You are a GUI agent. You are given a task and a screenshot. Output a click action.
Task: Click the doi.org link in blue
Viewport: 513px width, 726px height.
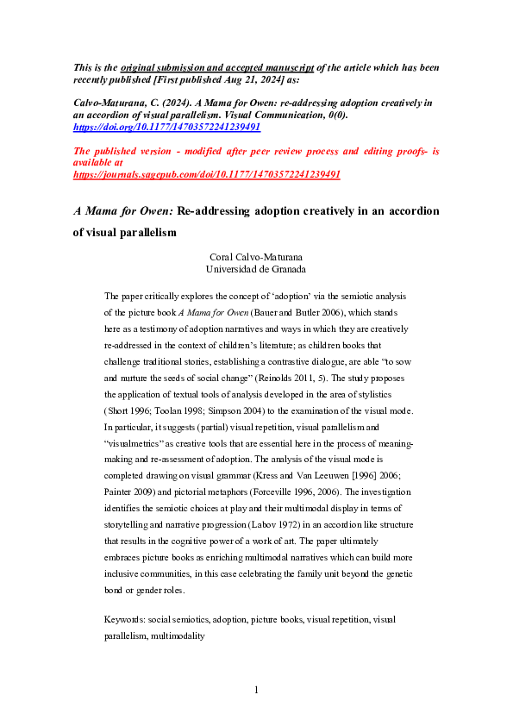[166, 127]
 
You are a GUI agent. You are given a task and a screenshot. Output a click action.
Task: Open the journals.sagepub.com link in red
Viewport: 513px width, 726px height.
[207, 173]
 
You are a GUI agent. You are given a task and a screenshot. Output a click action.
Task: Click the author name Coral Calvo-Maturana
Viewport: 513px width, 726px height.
[256, 256]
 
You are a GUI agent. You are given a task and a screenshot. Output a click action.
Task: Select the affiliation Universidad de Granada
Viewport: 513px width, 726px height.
[256, 268]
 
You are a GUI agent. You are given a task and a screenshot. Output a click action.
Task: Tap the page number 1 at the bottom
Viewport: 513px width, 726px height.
[256, 690]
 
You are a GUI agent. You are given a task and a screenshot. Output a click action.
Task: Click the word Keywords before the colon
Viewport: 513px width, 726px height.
[123, 619]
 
